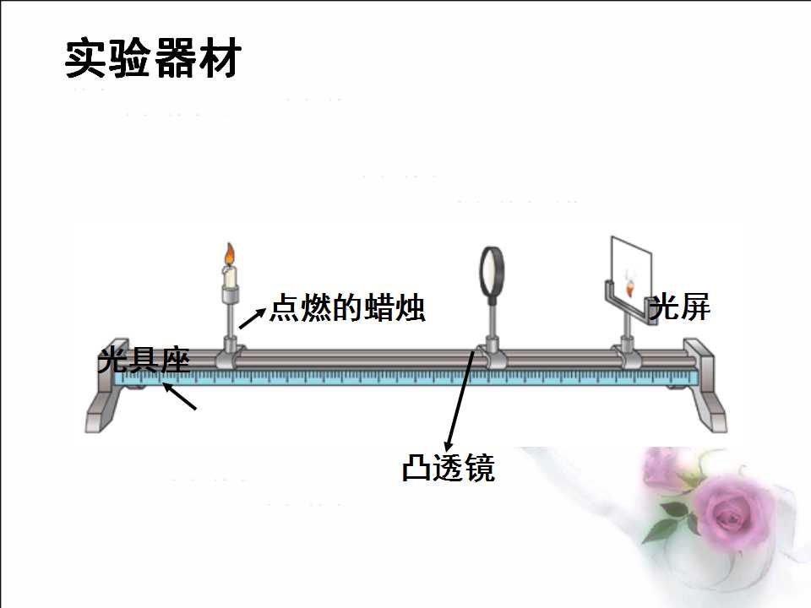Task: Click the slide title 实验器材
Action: [x=153, y=58]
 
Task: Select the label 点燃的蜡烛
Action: [x=347, y=308]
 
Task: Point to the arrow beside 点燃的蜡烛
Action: [x=252, y=318]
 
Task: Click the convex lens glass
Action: [x=491, y=271]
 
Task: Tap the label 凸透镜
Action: [x=449, y=468]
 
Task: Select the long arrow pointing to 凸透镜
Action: [x=460, y=401]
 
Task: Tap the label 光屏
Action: [x=679, y=307]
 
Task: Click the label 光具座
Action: [x=144, y=360]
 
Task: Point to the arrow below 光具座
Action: [x=179, y=396]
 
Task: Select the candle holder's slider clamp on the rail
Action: [x=230, y=354]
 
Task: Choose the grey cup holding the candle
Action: [x=230, y=295]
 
